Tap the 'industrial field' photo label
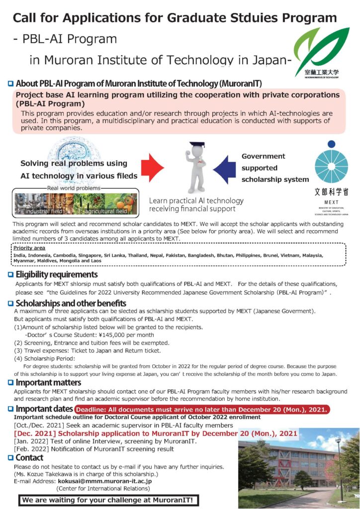click(42, 212)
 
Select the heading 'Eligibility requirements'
click(57, 274)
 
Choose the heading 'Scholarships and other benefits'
click(71, 303)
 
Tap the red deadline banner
click(202, 410)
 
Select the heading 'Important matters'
click(48, 383)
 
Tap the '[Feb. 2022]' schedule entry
click(31, 449)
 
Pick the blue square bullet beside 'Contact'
click(10, 458)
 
